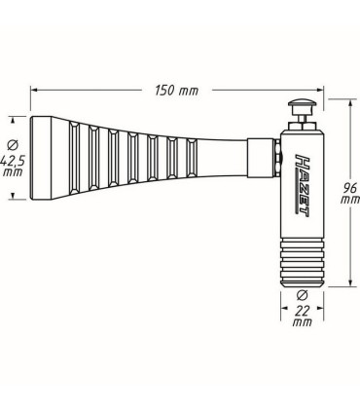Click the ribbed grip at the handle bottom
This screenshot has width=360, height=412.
tap(300, 257)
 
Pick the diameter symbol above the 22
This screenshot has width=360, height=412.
tap(301, 294)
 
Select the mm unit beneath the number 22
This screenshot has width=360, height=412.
tap(300, 322)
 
